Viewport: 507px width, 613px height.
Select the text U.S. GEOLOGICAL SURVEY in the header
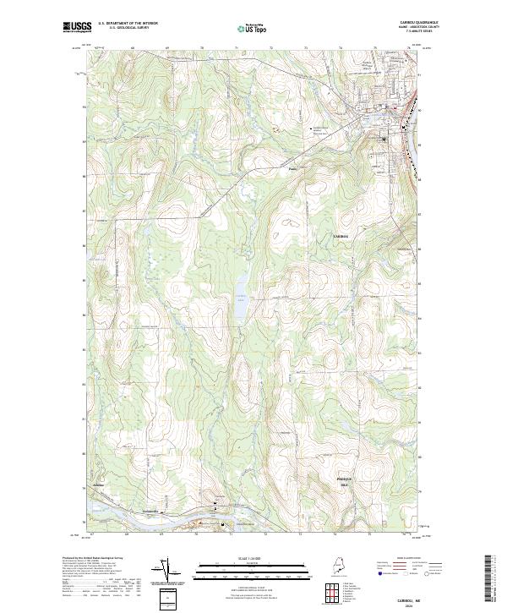point(129,28)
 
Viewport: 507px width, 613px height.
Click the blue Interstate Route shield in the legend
point(379,572)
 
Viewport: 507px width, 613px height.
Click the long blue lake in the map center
point(240,300)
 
